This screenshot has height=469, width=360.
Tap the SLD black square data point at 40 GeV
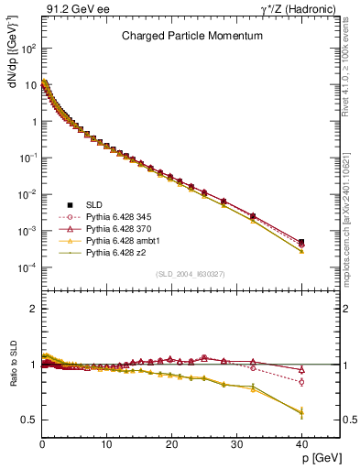[x=301, y=242]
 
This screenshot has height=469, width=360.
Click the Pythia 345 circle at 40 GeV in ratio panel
[x=301, y=382]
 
